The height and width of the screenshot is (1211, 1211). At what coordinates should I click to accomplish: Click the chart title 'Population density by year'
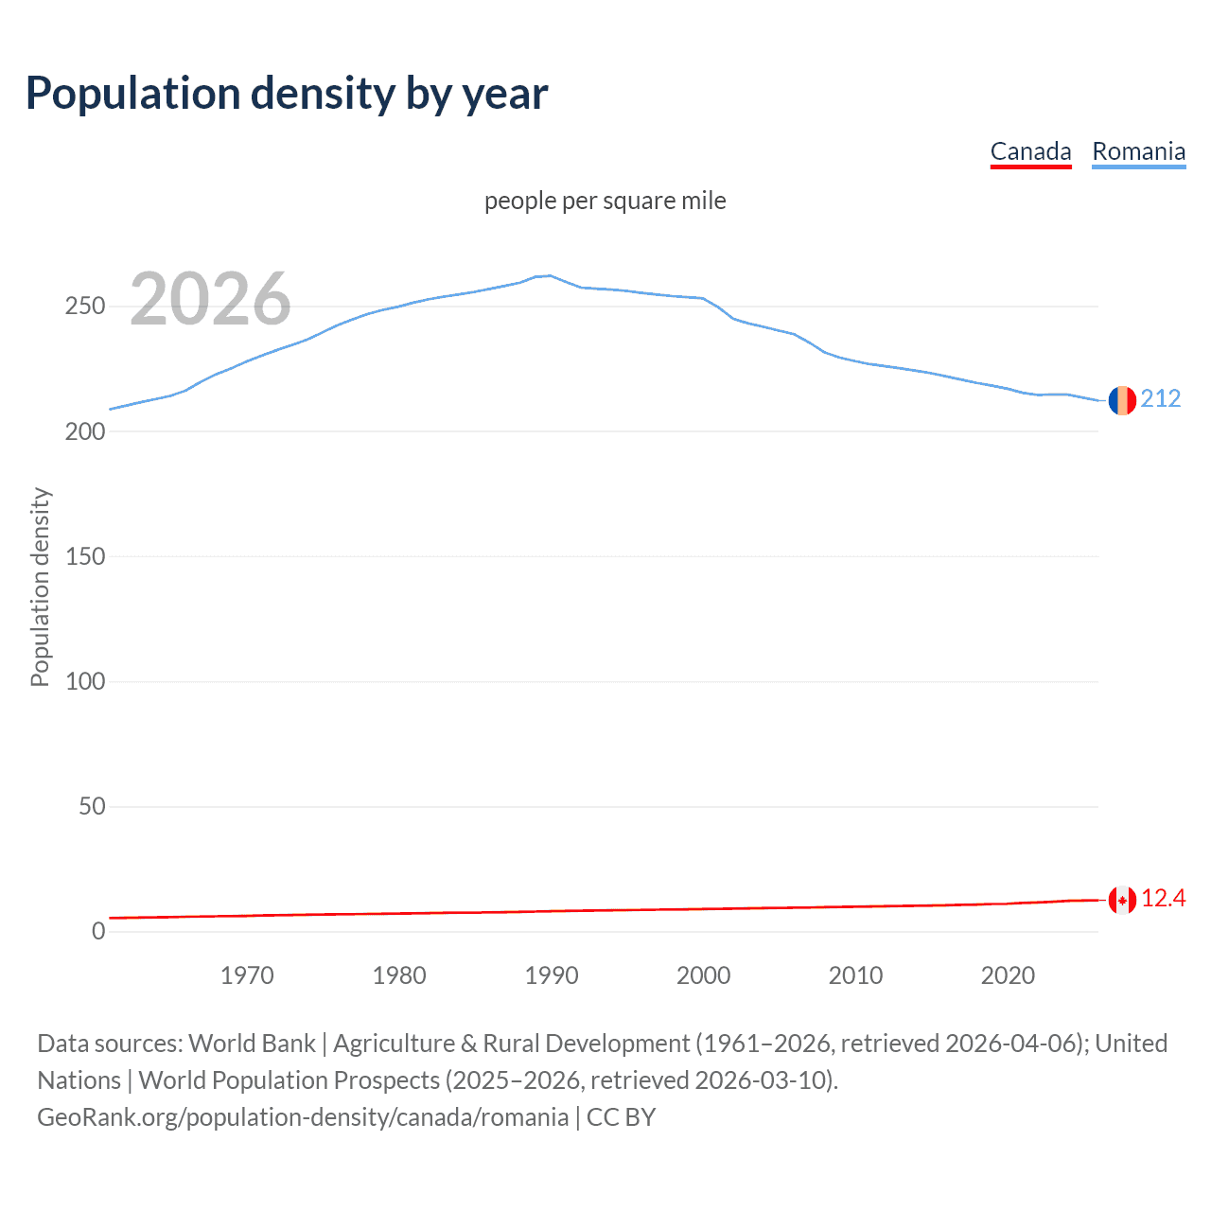click(x=287, y=93)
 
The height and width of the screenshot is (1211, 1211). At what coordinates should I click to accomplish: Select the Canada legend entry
click(x=1030, y=151)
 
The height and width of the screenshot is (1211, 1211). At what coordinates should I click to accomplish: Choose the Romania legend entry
click(x=1138, y=151)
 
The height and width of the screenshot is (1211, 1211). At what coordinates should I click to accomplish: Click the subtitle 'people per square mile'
click(x=605, y=201)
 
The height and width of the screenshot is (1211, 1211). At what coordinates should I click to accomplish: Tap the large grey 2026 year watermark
click(x=210, y=299)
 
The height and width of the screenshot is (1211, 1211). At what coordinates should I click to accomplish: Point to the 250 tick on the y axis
click(x=85, y=307)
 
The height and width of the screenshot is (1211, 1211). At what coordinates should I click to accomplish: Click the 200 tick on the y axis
click(x=85, y=431)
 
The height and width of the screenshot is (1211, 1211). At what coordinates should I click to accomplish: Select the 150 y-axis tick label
click(x=85, y=556)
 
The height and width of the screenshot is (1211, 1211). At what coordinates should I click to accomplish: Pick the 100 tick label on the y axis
click(x=85, y=681)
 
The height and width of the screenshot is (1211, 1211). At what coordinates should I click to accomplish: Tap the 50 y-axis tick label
click(x=92, y=807)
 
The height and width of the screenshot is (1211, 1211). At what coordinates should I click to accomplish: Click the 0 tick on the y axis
click(x=98, y=932)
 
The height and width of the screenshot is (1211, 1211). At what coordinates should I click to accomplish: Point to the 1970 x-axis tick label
click(x=247, y=975)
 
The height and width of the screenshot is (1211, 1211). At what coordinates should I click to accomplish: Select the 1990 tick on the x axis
click(x=552, y=975)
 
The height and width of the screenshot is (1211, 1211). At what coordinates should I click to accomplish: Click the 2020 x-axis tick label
click(x=1008, y=975)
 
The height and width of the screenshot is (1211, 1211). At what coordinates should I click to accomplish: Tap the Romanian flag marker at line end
click(x=1122, y=400)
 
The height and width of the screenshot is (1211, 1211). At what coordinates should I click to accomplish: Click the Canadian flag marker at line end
click(x=1122, y=900)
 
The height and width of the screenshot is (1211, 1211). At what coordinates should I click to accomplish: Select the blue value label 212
click(x=1161, y=398)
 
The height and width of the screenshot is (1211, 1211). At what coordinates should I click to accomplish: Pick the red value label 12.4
click(x=1163, y=898)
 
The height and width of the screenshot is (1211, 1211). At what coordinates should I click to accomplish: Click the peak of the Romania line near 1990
click(x=550, y=275)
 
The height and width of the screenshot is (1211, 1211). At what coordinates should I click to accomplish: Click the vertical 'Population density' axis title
click(x=40, y=587)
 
